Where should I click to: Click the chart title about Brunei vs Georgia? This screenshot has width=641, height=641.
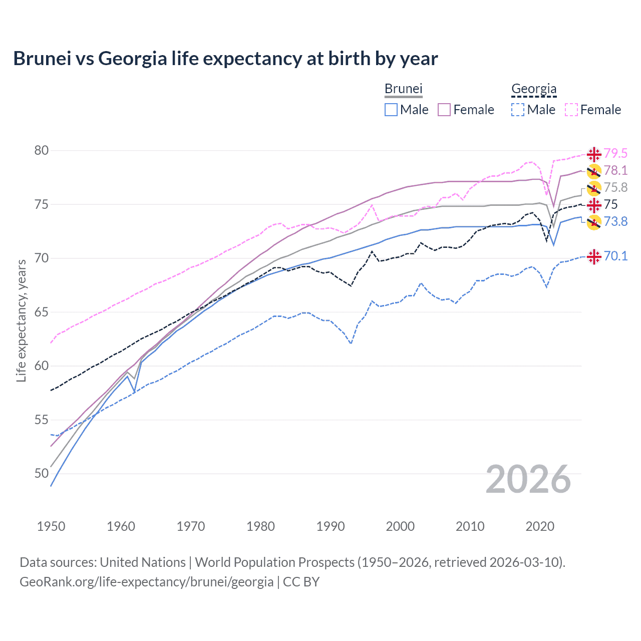225,59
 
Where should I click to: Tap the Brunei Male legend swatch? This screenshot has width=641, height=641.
391,110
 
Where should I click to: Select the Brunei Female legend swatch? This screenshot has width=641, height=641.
444,110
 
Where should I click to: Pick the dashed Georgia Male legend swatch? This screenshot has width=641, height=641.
518,110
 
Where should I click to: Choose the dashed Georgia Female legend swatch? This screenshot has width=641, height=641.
571,110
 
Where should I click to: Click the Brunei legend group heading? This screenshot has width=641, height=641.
404,89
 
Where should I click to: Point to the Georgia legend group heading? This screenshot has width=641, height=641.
534,89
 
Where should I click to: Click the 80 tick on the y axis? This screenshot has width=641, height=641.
42,151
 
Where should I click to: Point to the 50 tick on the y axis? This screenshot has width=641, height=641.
42,473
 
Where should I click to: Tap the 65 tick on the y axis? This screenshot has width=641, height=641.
42,312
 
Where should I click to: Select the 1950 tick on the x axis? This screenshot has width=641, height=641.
51,526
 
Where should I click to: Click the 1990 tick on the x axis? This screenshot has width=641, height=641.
331,526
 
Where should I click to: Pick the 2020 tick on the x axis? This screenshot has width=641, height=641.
540,526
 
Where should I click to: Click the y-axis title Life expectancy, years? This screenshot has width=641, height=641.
22,320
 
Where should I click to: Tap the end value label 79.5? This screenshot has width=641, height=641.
615,153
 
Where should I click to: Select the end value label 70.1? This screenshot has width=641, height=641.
615,256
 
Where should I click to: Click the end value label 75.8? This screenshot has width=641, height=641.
615,187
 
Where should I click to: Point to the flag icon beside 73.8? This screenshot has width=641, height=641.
594,222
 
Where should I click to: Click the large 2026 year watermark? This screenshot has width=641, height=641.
528,479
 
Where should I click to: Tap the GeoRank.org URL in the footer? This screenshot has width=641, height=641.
146,582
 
